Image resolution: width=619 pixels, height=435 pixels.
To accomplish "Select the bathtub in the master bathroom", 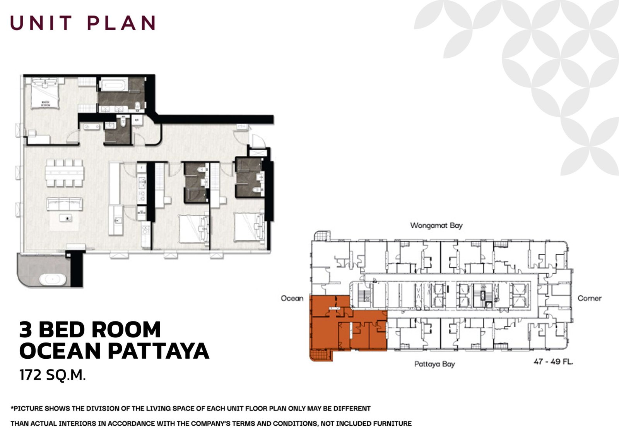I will tap(113, 84).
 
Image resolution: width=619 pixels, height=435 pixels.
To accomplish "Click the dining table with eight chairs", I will tap(65, 172).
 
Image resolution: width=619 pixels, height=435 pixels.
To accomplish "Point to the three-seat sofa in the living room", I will tap(65, 204).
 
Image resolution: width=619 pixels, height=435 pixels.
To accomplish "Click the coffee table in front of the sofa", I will tap(66, 218).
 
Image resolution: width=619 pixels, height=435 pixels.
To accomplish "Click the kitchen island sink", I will tap(118, 220).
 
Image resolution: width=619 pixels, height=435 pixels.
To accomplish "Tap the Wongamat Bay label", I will tap(436, 225).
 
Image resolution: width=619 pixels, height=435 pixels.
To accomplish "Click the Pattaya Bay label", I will tap(434, 364).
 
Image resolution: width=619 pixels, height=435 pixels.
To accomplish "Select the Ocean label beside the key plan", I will tap(292, 298).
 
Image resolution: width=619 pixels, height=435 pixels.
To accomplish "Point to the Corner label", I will tap(589, 298).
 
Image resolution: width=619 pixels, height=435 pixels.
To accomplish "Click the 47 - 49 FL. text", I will tap(553, 362).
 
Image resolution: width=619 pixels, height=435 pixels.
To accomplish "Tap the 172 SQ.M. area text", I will tap(52, 375).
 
